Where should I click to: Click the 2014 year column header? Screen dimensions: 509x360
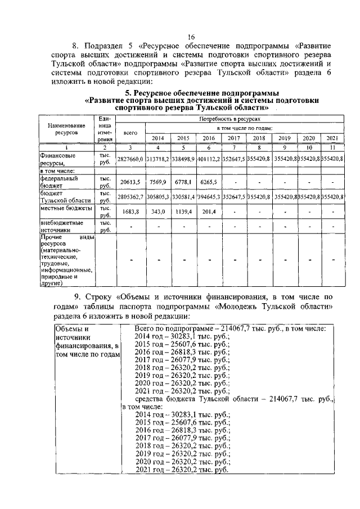158,138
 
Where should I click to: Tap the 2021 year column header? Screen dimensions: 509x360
331,138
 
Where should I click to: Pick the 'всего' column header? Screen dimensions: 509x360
130,133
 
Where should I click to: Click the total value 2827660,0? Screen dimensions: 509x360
130,159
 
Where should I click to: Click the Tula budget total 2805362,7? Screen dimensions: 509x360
130,197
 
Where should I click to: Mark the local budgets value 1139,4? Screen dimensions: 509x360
183,212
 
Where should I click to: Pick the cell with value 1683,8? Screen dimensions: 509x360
130,212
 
